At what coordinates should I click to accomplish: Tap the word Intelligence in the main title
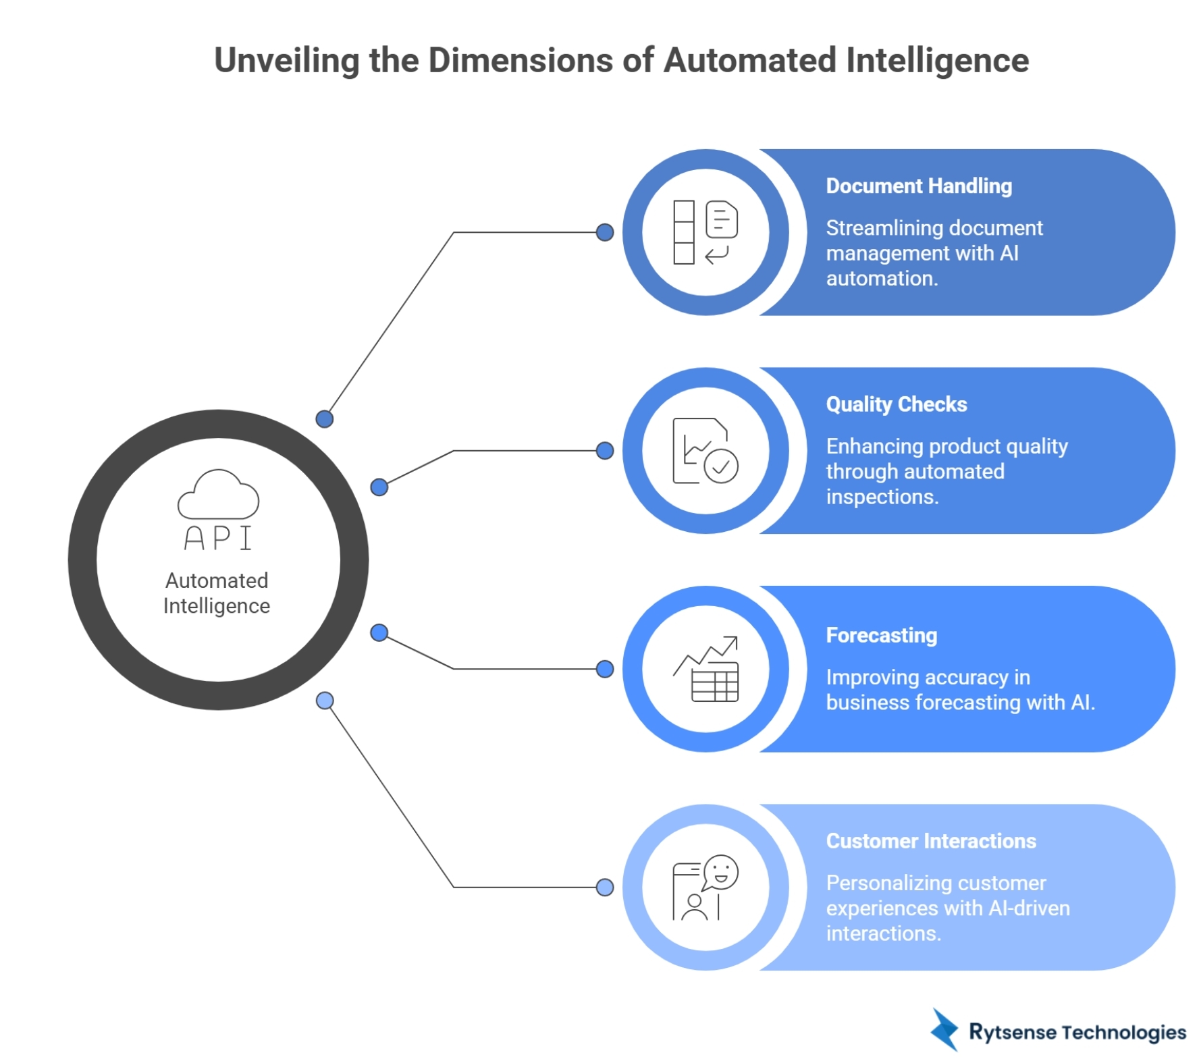coord(937,61)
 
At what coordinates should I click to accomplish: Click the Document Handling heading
coord(918,186)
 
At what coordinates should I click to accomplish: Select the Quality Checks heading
coord(896,404)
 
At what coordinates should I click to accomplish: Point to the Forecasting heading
coord(881,635)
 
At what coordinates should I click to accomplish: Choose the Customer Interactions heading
coord(930,841)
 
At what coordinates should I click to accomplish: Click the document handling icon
coord(705,232)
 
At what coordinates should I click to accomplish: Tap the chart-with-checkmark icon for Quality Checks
coord(705,450)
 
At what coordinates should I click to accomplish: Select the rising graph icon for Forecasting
coord(705,668)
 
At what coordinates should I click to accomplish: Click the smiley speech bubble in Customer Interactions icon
coord(721,872)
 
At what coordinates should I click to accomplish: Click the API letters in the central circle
coord(217,538)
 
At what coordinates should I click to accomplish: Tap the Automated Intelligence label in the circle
coord(217,593)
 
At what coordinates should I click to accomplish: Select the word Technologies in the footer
coord(1123,1032)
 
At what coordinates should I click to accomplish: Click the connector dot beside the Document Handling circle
coord(605,232)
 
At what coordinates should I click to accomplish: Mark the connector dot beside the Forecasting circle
coord(605,669)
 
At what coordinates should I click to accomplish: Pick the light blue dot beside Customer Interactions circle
coord(605,887)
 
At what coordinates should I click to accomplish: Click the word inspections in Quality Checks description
coord(882,497)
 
